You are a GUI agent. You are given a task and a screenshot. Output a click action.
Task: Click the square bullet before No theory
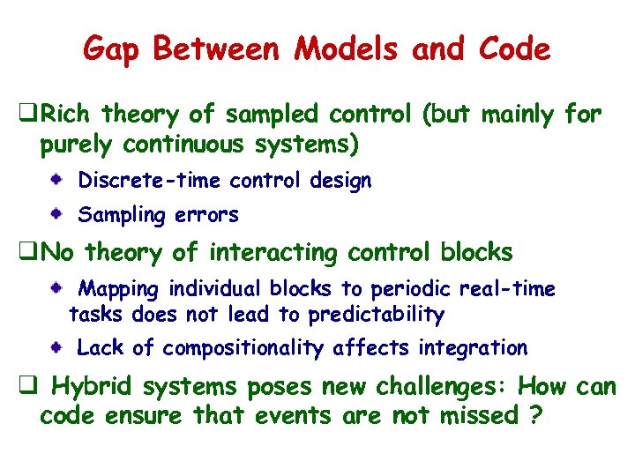click(27, 253)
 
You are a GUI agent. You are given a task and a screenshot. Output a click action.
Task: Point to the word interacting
click(273, 253)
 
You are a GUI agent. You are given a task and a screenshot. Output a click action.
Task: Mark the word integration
click(473, 348)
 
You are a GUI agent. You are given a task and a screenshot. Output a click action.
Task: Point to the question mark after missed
click(534, 413)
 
